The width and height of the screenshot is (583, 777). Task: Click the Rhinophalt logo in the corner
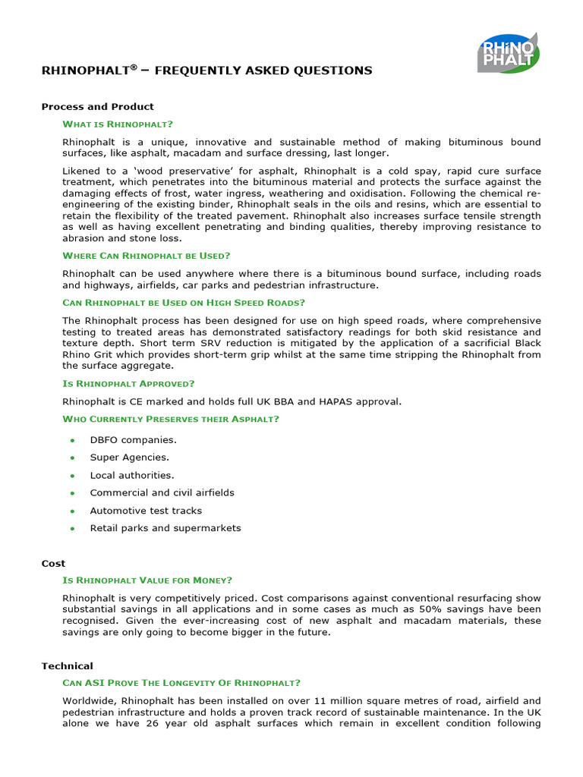coord(507,52)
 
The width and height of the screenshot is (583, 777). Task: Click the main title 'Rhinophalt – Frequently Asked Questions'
coord(206,71)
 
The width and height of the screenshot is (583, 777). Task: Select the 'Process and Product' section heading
coord(97,107)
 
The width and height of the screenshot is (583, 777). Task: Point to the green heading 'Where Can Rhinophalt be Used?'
coord(147,256)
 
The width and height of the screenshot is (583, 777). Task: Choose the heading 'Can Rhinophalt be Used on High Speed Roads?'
coord(184,303)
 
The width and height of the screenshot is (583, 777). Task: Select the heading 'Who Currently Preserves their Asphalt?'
coord(171,419)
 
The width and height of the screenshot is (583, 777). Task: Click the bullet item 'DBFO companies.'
coord(133,440)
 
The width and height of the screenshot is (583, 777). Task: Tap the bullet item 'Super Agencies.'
coord(129,458)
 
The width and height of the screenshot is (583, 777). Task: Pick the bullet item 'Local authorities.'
coord(131,476)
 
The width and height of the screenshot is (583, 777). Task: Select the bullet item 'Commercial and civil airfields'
coord(162,493)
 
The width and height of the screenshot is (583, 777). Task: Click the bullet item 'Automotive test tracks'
coord(146,511)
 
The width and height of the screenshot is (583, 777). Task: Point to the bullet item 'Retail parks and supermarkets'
coord(165,528)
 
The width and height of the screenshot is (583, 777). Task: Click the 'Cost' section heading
coord(53,564)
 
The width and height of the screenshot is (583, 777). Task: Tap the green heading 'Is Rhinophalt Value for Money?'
coord(147,580)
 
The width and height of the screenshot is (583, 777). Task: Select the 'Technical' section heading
coord(67,666)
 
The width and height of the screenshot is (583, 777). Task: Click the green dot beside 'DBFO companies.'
coord(72,440)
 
